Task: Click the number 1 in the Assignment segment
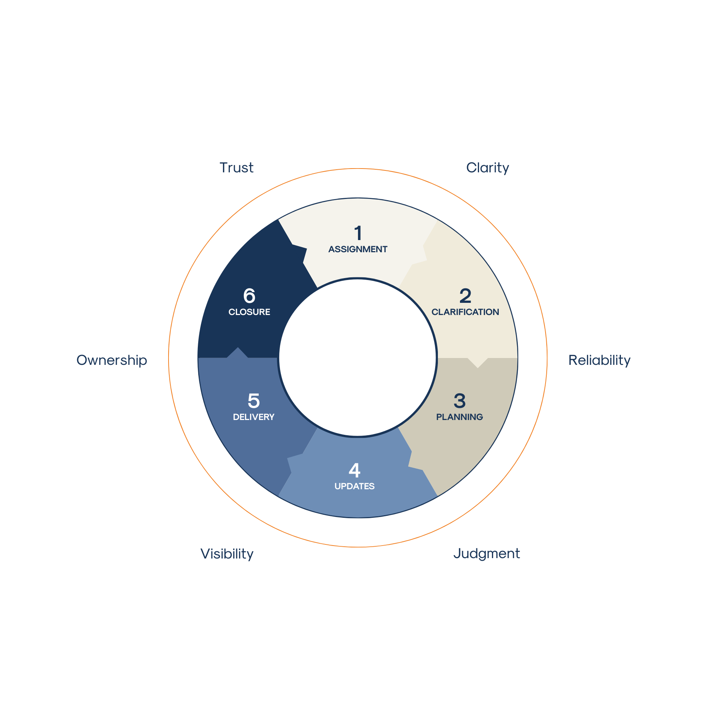click(x=358, y=233)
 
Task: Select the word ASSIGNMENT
click(x=358, y=249)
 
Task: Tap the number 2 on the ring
click(x=465, y=296)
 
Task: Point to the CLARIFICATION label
click(x=465, y=312)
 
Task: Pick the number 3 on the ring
click(x=460, y=401)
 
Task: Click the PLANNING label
click(x=460, y=417)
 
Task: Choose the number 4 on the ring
click(x=355, y=470)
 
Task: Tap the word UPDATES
click(x=355, y=486)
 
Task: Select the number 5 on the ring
click(x=254, y=401)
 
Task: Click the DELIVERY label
click(x=253, y=417)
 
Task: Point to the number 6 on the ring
click(x=249, y=296)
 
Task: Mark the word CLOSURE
click(x=249, y=312)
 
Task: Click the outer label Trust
click(x=236, y=168)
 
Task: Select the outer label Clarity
click(x=487, y=168)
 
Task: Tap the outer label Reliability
click(x=599, y=360)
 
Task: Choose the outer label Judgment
click(x=487, y=554)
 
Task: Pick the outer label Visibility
click(x=227, y=554)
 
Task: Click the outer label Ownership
click(x=112, y=360)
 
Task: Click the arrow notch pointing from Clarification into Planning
click(x=478, y=363)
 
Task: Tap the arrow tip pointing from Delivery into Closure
click(x=238, y=352)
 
